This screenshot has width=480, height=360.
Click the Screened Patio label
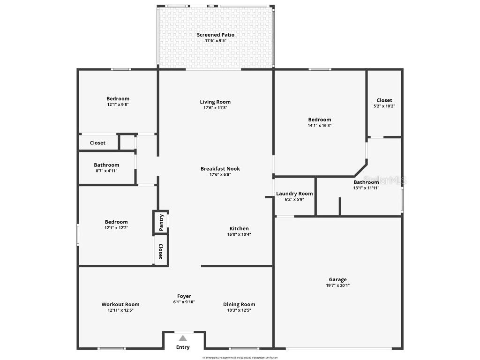216,35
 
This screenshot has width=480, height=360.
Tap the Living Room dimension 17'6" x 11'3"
215,108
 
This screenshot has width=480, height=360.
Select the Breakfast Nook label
220,169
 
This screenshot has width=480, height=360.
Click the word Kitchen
239,229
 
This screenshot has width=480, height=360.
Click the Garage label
337,280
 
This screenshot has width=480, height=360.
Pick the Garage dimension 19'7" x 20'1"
337,285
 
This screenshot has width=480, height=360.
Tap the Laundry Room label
294,194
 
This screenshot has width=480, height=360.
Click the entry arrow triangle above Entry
183,337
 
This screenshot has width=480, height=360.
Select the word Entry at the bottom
183,347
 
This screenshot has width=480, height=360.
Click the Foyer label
184,296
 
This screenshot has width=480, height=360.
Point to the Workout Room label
120,304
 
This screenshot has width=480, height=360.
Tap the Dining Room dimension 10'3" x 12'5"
239,310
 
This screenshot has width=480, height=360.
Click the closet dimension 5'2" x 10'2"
384,106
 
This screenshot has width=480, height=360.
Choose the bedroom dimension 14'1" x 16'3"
320,126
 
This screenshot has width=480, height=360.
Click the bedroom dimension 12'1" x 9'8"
118,105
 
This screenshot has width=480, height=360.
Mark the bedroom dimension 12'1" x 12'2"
116,228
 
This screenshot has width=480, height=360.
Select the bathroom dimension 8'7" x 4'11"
106,171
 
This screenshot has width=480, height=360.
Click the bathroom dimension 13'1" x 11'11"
366,188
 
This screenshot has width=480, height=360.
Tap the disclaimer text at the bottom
240,358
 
